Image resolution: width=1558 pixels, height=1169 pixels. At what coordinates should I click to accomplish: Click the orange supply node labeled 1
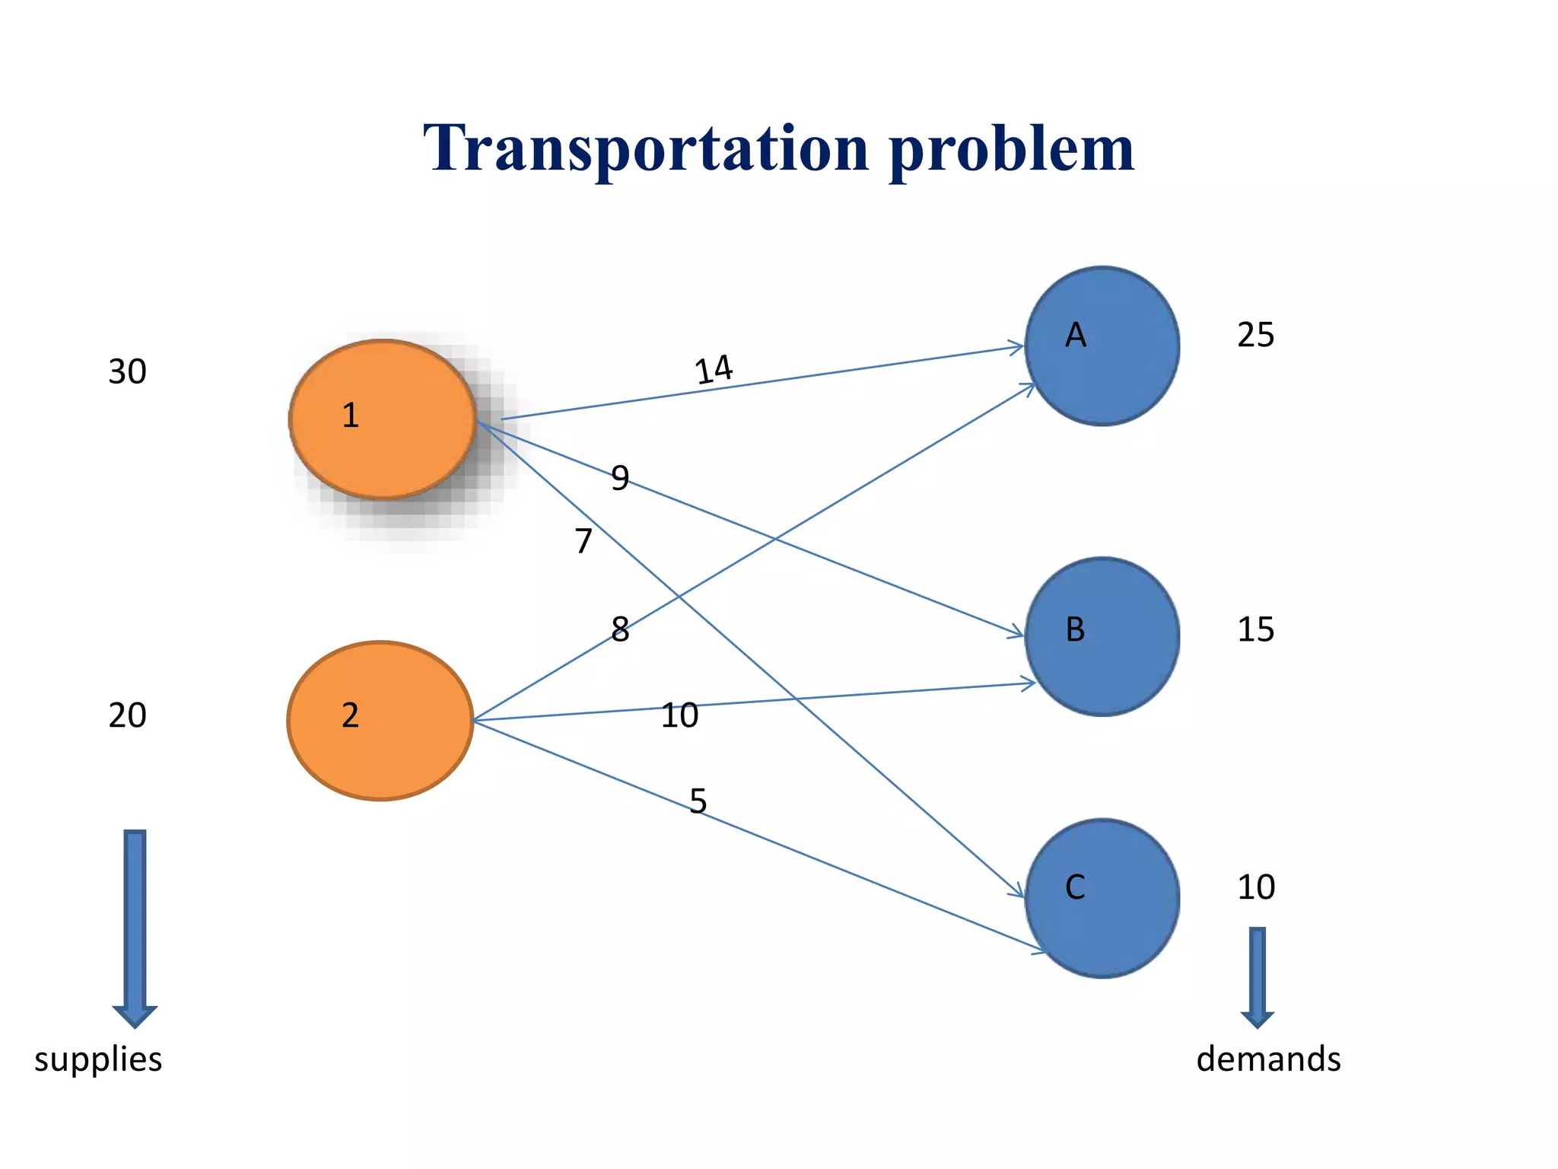[x=382, y=419]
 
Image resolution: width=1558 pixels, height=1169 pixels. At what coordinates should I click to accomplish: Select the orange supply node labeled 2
[x=380, y=720]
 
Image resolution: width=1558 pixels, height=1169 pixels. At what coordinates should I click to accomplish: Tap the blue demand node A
[x=1102, y=346]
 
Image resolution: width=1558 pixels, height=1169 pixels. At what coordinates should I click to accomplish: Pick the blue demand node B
[x=1102, y=636]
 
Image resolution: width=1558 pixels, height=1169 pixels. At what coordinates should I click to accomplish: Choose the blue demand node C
[x=1102, y=898]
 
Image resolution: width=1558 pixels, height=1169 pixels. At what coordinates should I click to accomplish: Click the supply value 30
[x=127, y=372]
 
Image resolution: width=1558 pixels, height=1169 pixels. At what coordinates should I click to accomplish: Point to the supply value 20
[x=127, y=715]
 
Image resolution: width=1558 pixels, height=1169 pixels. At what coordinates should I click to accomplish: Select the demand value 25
[x=1255, y=335]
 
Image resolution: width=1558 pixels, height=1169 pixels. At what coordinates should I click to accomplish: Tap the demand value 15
[x=1255, y=629]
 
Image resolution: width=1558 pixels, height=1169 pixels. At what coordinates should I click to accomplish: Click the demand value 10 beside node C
[x=1255, y=887]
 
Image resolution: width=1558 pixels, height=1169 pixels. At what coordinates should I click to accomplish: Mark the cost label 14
[x=714, y=370]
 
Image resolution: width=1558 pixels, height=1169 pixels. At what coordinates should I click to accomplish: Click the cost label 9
[x=620, y=478]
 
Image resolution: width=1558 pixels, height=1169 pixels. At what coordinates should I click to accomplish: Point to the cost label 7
[x=583, y=541]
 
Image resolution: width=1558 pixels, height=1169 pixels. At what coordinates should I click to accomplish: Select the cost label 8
[x=620, y=629]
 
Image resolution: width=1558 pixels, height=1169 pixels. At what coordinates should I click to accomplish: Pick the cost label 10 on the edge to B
[x=679, y=715]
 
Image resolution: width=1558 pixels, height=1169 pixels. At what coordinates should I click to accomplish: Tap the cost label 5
[x=698, y=801]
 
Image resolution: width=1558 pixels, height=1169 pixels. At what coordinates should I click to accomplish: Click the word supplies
[x=98, y=1059]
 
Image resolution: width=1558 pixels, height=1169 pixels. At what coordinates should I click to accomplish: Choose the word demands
[x=1268, y=1059]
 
